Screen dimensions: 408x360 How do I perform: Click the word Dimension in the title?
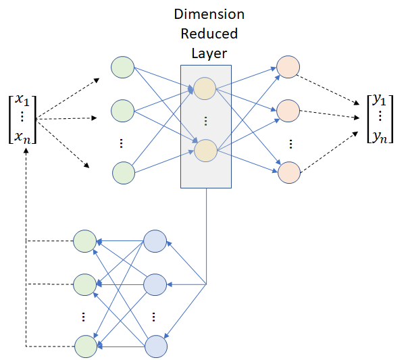point(209,14)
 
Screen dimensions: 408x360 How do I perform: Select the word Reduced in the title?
point(209,34)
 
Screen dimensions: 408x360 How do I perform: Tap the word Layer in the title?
point(209,54)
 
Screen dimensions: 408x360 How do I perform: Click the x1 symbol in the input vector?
point(22,100)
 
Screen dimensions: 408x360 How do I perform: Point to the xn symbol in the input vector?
point(22,137)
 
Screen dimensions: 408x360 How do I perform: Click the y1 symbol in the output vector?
point(379,99)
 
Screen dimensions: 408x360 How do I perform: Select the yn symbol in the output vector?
point(380,137)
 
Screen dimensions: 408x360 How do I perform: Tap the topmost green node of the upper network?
point(122,67)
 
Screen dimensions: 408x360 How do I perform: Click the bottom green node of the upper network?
point(124,173)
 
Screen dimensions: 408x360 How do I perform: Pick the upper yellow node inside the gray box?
point(205,88)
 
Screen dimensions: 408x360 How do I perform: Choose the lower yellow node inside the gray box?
point(205,151)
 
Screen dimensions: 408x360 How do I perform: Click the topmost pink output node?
point(288,67)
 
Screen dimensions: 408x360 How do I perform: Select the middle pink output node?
point(288,111)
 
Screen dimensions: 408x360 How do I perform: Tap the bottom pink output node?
point(289,172)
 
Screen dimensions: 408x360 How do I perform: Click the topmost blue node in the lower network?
point(155,241)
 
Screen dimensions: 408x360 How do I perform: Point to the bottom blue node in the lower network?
point(156,346)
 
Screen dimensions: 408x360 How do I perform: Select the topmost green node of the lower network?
point(85,241)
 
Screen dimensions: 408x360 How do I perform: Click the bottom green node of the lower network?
point(86,346)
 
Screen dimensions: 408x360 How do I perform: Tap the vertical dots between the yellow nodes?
point(205,121)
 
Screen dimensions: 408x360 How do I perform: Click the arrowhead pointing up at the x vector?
point(26,151)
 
